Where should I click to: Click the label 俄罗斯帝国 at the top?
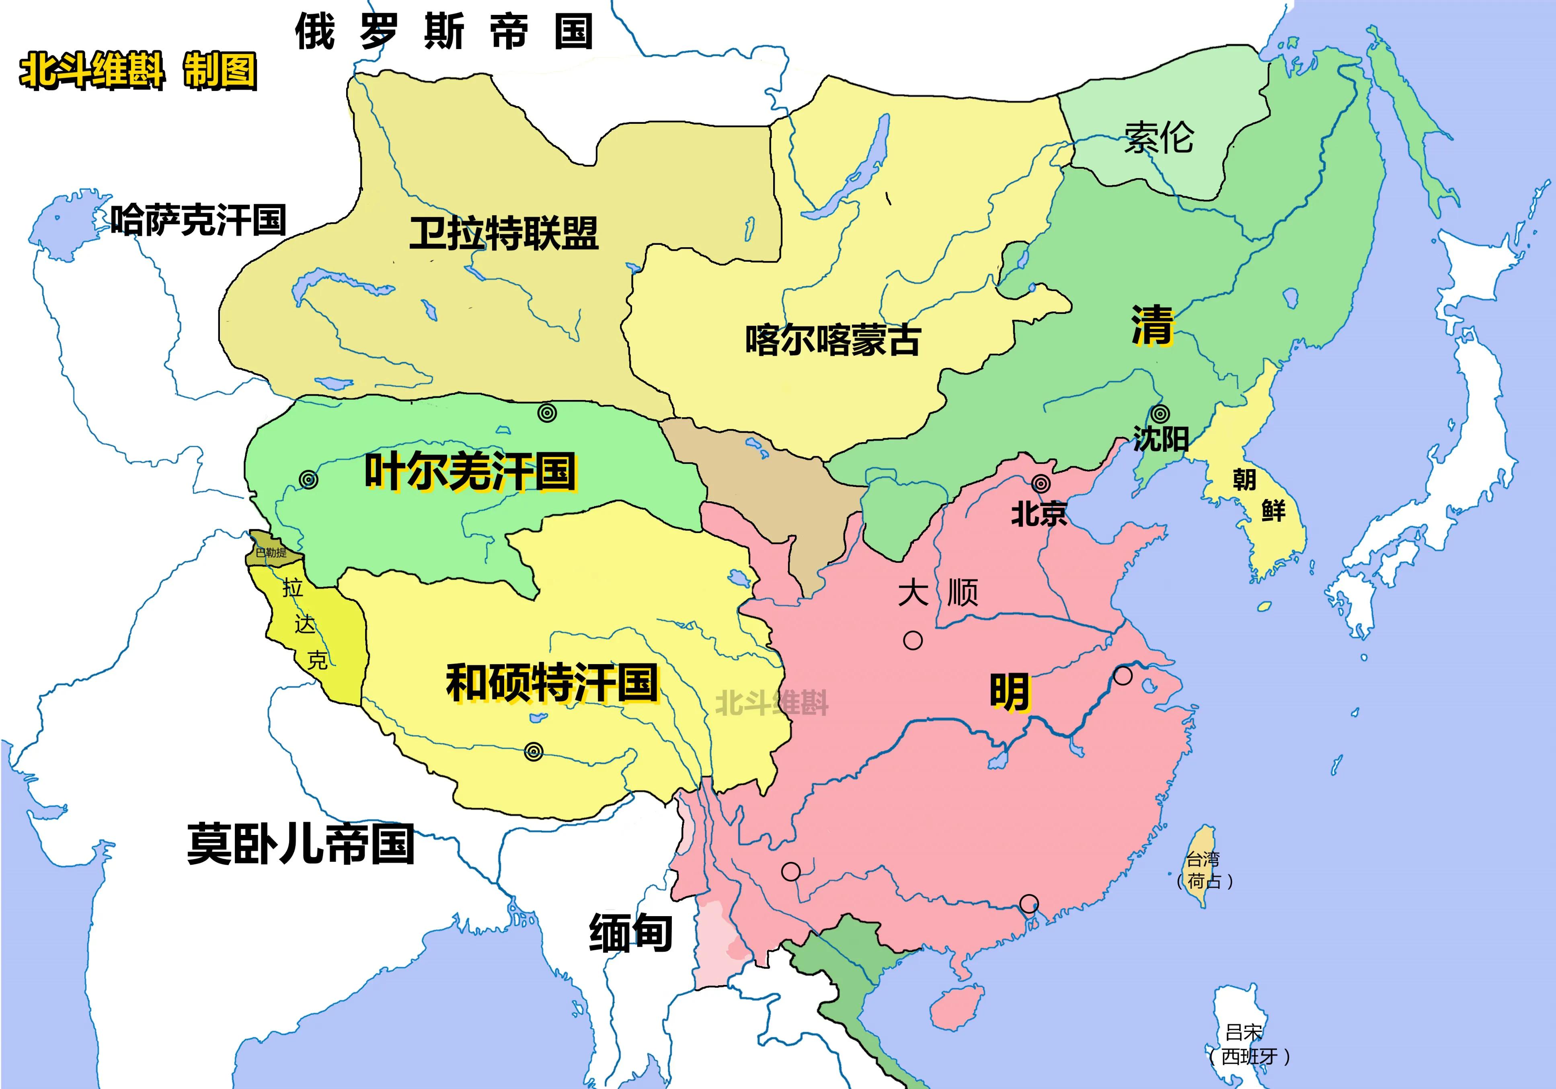coord(444,31)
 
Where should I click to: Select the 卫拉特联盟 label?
coord(503,233)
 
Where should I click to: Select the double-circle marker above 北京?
coord(1041,483)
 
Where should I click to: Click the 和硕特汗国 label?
coord(552,683)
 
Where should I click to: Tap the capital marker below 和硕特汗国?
coord(534,751)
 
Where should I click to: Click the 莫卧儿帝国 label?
coord(300,844)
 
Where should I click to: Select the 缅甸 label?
coord(630,933)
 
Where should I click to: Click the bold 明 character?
coord(1010,691)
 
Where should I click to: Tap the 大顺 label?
coord(938,592)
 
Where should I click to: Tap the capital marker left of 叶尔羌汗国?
coord(308,480)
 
